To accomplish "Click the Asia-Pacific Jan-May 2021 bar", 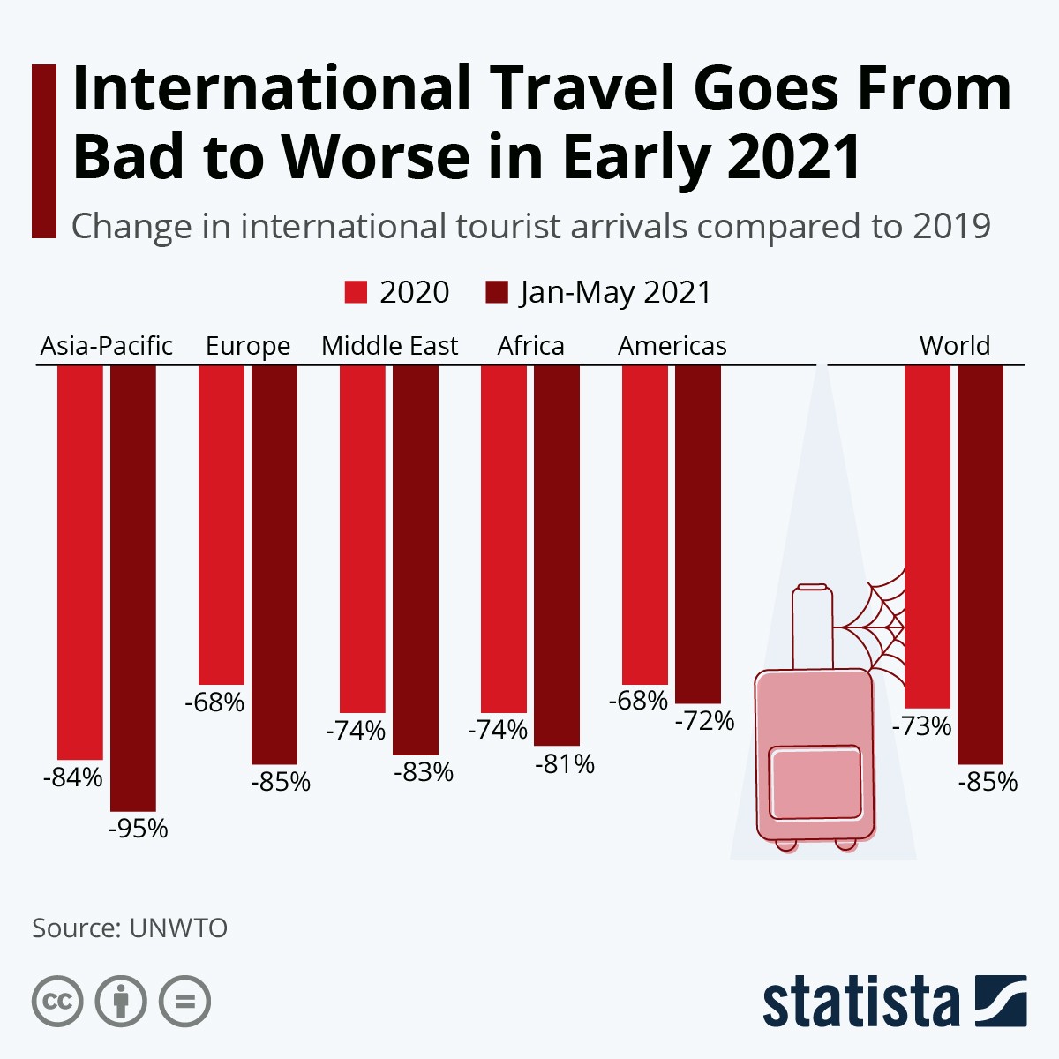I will pos(133,587).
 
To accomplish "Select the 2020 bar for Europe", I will pos(222,524).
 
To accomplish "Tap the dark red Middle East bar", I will pos(416,560).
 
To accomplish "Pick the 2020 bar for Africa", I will pos(504,538).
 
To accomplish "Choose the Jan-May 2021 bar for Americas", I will pos(698,534).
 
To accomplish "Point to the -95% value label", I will pos(139,829).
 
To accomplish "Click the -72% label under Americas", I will pos(705,721).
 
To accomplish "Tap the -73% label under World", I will pos(922,726).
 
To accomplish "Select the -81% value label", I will pos(565,764).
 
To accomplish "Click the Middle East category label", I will pos(389,346).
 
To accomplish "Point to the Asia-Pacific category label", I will pos(107,346).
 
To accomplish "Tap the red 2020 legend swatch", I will pos(356,292).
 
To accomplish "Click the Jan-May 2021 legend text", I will pos(615,292).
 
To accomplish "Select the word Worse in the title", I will pos(375,157).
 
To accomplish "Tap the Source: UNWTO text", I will pos(130,928).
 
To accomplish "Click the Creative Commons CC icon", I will pos(57,1002).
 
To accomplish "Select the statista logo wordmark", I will pos(860,1002).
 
